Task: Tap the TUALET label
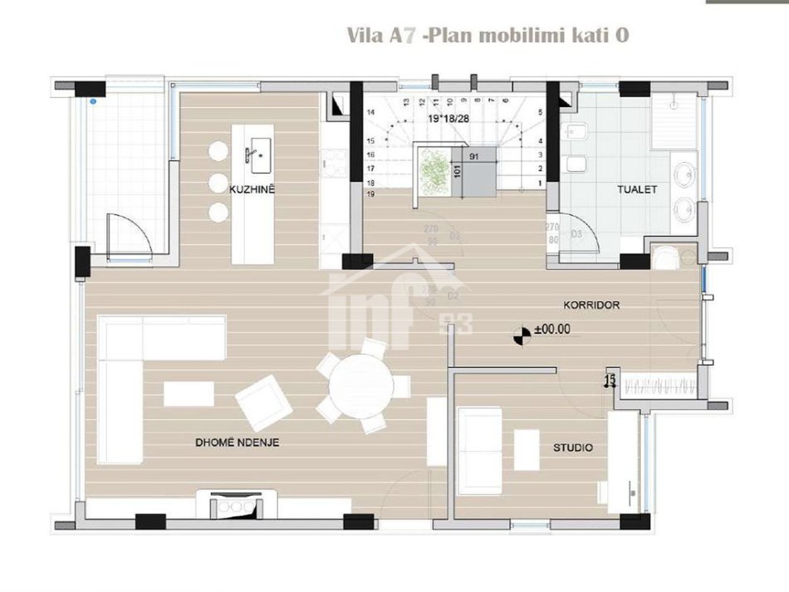tap(637, 189)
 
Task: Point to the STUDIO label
tap(573, 448)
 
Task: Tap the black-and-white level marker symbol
tap(522, 335)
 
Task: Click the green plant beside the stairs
tap(433, 170)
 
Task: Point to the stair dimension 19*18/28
tap(447, 119)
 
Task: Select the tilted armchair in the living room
tap(263, 402)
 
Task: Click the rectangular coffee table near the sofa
tap(189, 394)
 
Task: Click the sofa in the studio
tap(480, 449)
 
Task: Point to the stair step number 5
tap(540, 111)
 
